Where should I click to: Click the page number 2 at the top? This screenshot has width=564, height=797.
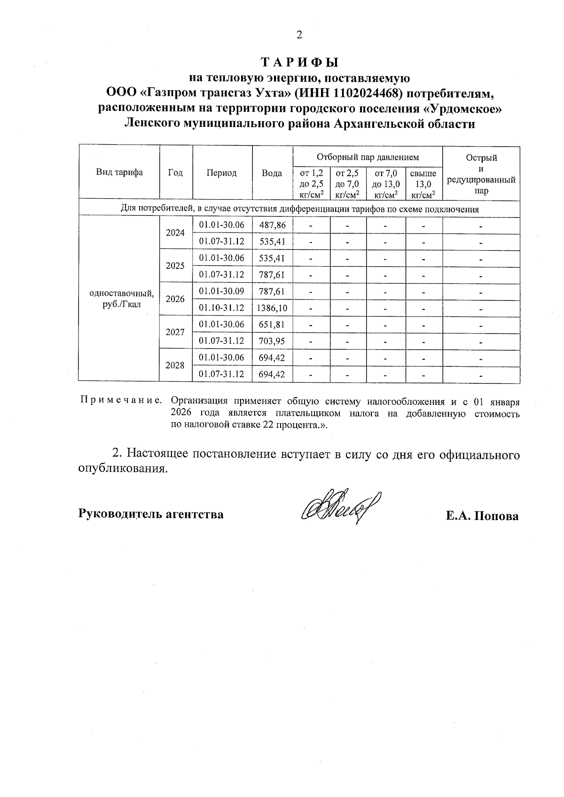(x=299, y=35)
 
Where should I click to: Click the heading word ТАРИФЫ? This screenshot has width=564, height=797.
(x=299, y=62)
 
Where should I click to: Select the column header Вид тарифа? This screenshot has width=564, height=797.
(x=119, y=172)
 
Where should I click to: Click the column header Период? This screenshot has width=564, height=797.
(x=222, y=173)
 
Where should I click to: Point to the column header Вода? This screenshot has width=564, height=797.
(x=272, y=173)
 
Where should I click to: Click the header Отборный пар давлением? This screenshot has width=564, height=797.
(x=367, y=157)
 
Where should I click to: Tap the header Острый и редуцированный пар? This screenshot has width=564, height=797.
(x=481, y=174)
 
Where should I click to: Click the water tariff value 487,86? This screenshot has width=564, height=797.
(x=272, y=225)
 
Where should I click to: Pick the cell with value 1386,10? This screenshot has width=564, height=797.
(x=272, y=308)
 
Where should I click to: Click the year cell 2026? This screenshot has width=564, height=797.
(x=175, y=299)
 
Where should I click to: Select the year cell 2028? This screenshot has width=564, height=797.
(x=175, y=365)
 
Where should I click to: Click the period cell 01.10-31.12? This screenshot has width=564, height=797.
(x=222, y=308)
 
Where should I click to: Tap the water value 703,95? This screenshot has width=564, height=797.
(x=272, y=341)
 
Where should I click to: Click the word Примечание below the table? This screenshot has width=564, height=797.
(x=121, y=401)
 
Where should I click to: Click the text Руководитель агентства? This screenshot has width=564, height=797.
(x=151, y=514)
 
